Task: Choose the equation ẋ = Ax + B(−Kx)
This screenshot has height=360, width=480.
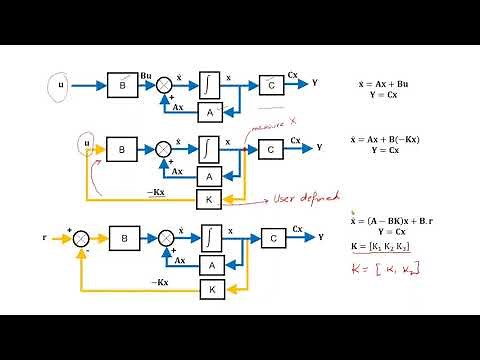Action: [390, 140]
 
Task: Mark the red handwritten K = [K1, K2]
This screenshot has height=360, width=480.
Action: [383, 271]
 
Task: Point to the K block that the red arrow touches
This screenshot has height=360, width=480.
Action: [209, 199]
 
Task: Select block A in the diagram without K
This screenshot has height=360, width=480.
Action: [209, 113]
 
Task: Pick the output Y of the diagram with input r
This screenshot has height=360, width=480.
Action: [320, 239]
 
